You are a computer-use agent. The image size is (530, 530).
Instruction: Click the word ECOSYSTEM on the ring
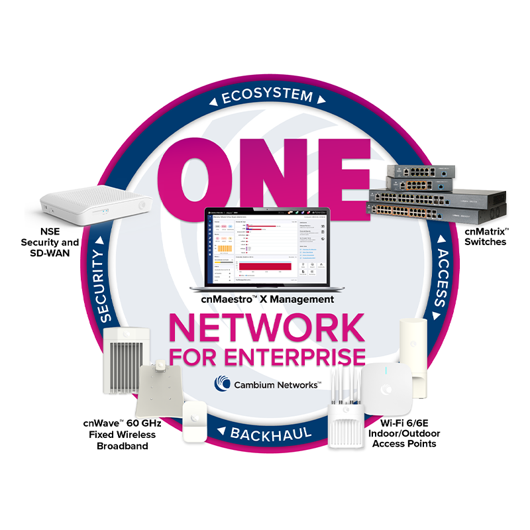point(266,97)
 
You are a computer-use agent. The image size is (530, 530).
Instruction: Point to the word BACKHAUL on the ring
point(264,434)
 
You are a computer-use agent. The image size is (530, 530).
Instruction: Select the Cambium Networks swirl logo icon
point(222,384)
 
